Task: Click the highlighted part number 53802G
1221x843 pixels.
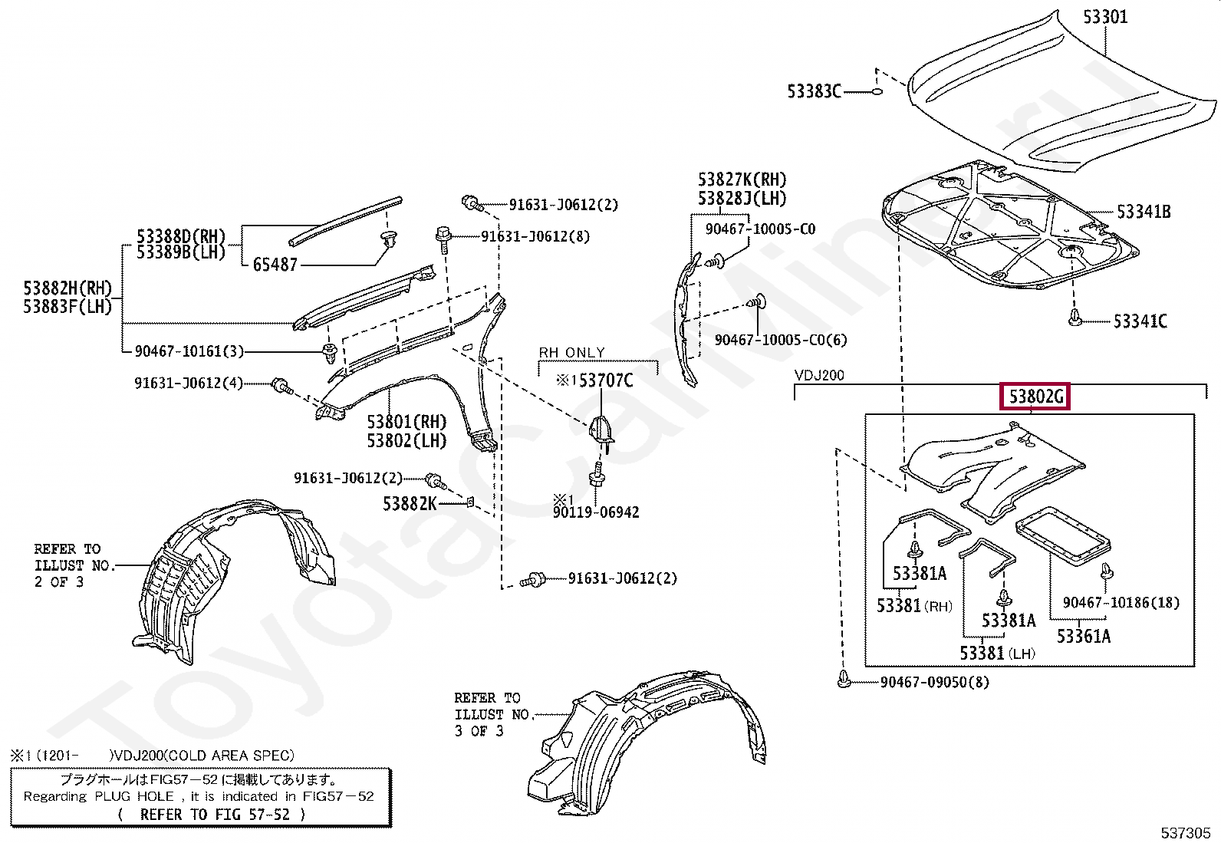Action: click(1035, 397)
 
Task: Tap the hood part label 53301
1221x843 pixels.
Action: click(1104, 16)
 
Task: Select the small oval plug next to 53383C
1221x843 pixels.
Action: click(877, 91)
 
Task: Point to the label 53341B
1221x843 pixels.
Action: click(1143, 212)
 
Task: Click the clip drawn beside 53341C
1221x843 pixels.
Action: click(1075, 318)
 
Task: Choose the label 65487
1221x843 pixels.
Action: click(275, 265)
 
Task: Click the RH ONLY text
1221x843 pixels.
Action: click(571, 352)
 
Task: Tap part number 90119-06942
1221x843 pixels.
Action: click(596, 512)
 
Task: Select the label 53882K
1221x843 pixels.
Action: click(410, 504)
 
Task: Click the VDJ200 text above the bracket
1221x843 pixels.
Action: click(819, 375)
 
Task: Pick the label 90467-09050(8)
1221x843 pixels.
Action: click(934, 682)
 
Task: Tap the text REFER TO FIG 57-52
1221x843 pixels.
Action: click(214, 815)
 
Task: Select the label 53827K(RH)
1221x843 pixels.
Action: click(742, 180)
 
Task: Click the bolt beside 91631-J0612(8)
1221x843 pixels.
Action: click(443, 235)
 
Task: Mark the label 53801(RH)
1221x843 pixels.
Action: click(406, 422)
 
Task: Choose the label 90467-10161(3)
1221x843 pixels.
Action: click(189, 351)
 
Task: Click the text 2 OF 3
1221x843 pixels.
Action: click(59, 582)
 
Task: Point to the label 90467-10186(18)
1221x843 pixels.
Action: click(1121, 603)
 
